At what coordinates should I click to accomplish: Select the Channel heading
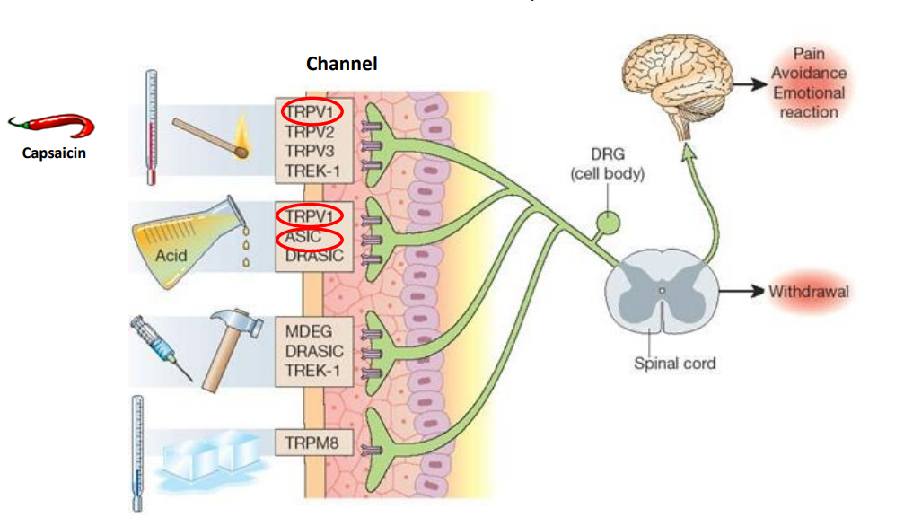coord(341,63)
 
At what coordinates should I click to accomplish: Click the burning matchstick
coord(209,135)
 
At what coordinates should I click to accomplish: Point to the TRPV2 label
coord(309,131)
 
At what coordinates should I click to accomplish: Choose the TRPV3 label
coord(309,150)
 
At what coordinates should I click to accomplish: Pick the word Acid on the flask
coord(171,256)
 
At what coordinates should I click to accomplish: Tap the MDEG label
coord(307,331)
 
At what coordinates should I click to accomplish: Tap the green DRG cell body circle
coord(609,221)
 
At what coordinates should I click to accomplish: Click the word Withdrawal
coord(809,292)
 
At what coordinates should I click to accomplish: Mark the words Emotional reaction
coord(809,102)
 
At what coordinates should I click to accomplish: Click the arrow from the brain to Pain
coord(748,83)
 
